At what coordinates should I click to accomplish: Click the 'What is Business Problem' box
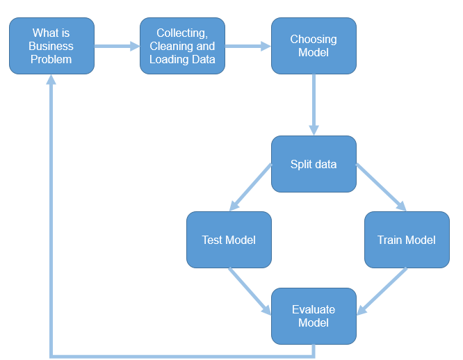[51, 46]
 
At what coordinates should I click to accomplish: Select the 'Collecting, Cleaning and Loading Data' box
[182, 46]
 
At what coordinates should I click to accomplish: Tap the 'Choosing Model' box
[313, 46]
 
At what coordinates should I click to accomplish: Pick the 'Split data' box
[313, 164]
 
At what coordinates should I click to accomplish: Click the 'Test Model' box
[229, 240]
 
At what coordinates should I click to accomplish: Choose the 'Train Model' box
[407, 240]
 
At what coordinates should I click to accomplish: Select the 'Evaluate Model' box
[313, 316]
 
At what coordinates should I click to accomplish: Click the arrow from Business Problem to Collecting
[117, 47]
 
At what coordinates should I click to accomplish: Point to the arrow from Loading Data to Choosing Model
[247, 47]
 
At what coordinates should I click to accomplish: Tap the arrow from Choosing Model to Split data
[314, 104]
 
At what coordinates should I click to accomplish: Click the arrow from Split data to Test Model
[250, 187]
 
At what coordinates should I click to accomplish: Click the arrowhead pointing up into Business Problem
[51, 81]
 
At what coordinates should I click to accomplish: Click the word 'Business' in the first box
[51, 46]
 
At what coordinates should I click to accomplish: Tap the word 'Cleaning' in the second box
[172, 46]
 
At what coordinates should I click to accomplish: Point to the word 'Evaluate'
[313, 309]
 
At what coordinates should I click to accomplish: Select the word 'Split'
[301, 164]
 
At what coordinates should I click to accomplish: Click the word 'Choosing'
[313, 40]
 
